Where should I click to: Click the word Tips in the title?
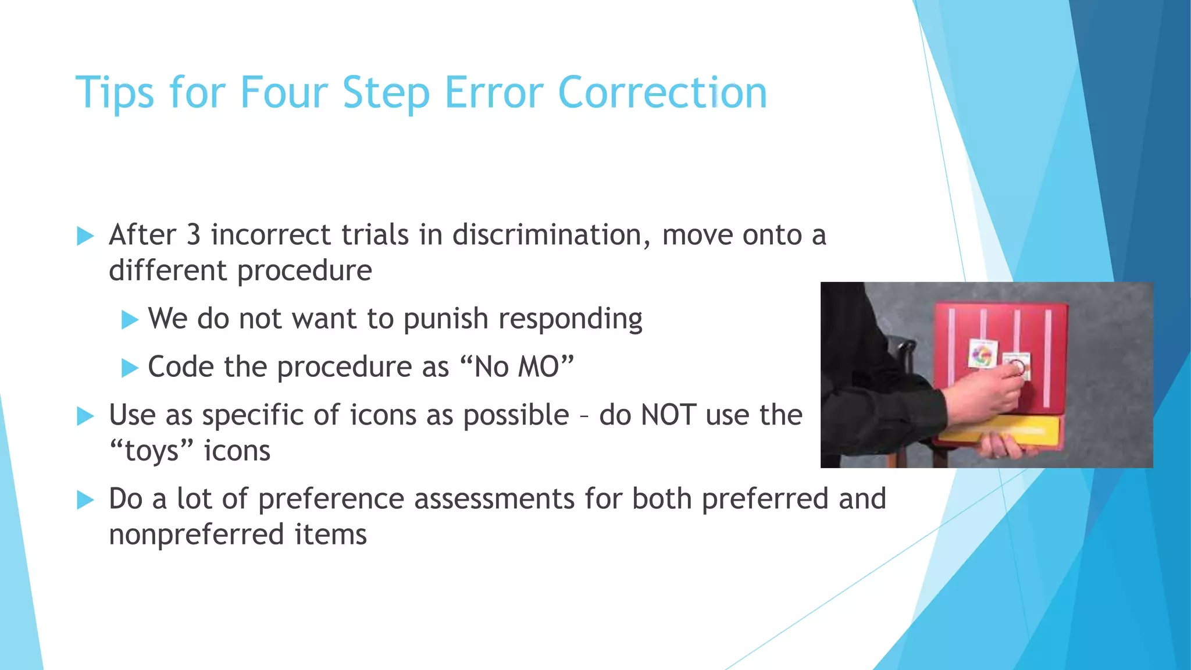[115, 93]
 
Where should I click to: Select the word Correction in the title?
[662, 93]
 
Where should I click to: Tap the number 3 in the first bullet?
[193, 235]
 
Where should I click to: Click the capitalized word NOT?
[668, 415]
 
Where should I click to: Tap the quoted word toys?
[151, 451]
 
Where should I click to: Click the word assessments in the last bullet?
[494, 499]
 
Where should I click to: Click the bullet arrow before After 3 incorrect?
[85, 236]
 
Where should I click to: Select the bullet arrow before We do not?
[130, 320]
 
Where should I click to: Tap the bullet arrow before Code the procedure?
[130, 368]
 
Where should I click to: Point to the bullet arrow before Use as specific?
[85, 416]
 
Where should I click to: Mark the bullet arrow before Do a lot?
[85, 500]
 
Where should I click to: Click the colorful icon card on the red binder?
[983, 354]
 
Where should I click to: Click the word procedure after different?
[304, 271]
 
